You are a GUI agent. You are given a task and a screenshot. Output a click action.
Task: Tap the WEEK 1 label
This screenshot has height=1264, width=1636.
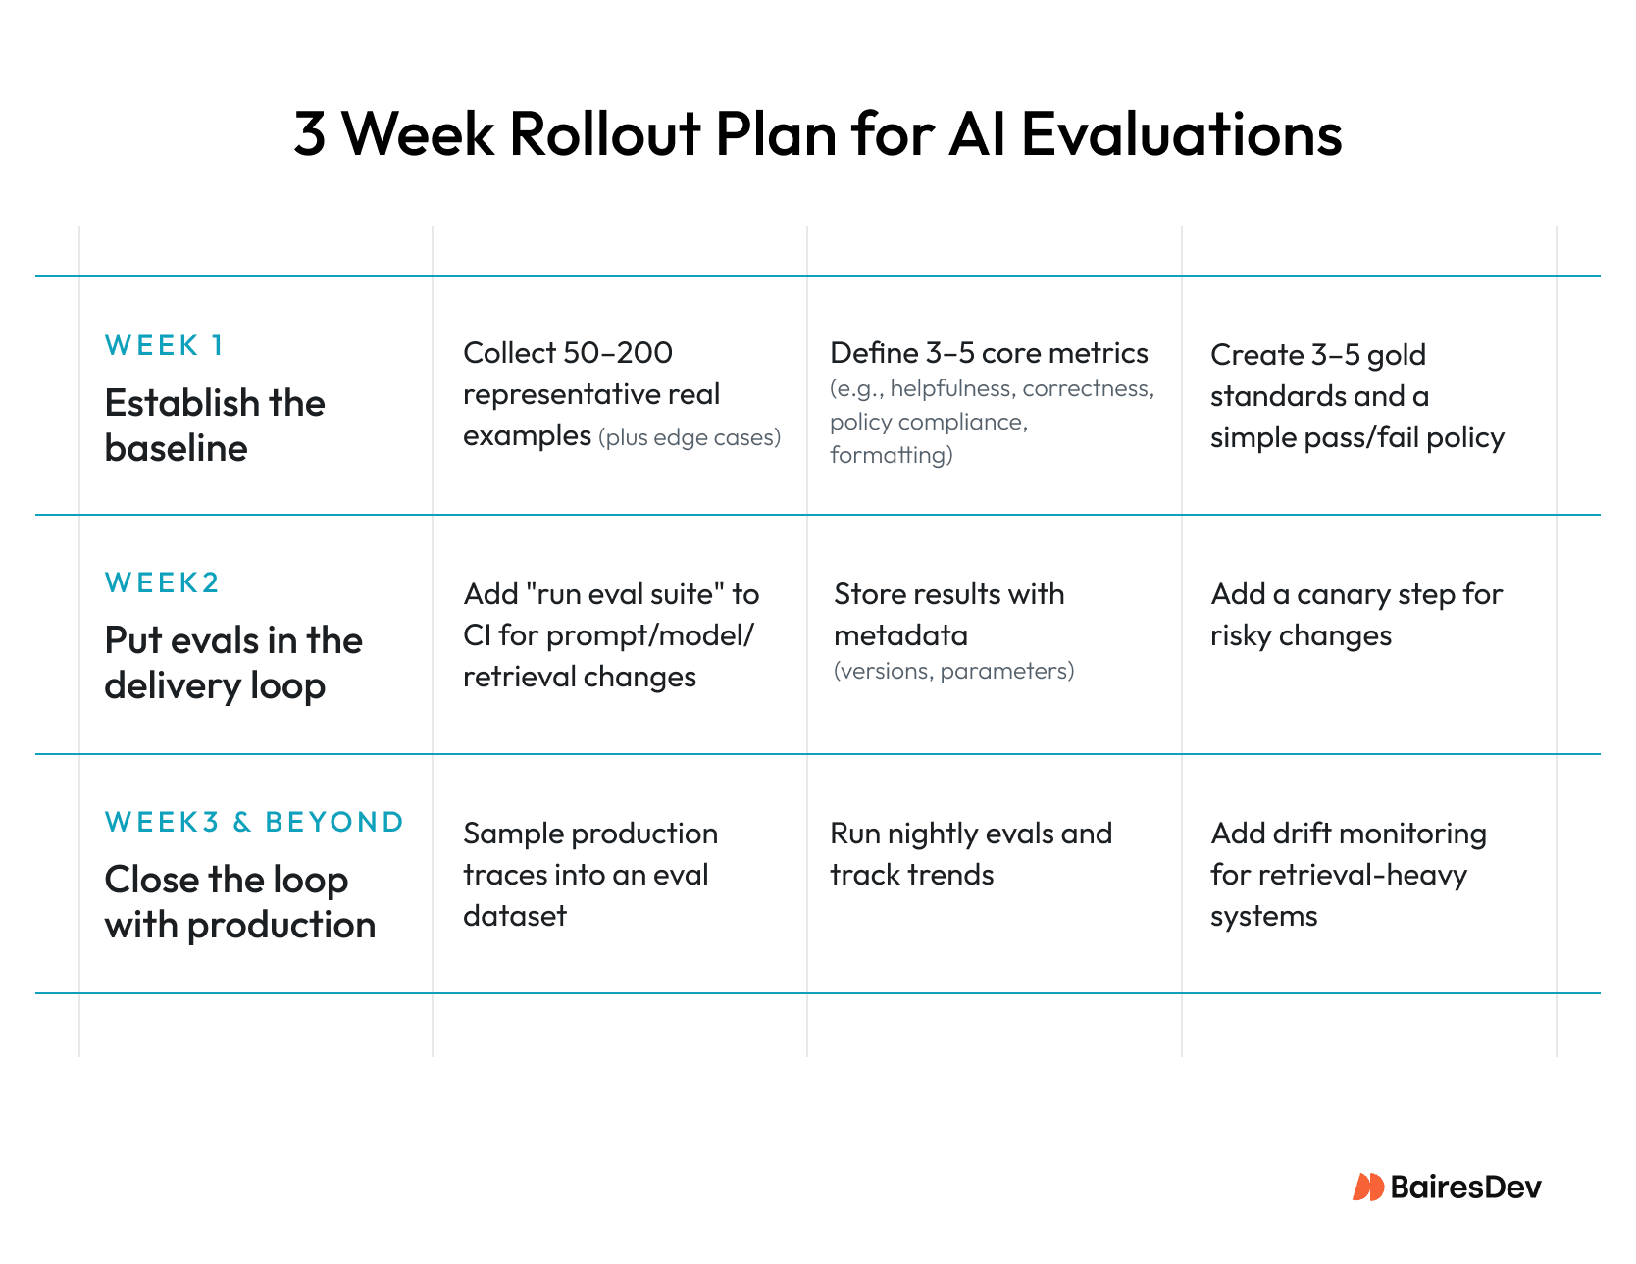pos(165,345)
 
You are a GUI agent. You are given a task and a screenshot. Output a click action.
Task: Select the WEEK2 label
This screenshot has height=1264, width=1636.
pos(162,582)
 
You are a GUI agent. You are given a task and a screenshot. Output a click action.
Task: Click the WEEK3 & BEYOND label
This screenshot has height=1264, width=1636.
pos(254,822)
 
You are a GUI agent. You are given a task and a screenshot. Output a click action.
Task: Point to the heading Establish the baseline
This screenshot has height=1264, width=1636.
pos(214,425)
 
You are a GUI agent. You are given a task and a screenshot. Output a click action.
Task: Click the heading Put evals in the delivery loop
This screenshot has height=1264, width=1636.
pos(233,662)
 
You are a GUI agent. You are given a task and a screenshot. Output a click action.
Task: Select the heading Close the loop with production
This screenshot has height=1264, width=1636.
pos(239,901)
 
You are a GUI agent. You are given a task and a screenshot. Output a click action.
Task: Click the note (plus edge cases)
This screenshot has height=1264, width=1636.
pos(690,437)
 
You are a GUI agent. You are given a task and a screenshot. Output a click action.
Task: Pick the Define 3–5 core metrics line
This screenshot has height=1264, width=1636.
pos(989,353)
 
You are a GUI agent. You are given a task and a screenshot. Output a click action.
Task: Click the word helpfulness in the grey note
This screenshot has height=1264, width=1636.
pos(950,389)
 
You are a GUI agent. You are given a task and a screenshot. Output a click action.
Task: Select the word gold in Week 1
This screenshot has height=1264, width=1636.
pos(1397,355)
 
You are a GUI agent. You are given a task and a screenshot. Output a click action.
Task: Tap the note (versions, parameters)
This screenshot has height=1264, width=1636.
pos(953,671)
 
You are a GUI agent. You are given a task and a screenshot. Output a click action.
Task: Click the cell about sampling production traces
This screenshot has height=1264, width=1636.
pos(589,874)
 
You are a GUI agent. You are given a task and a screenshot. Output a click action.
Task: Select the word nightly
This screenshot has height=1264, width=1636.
pos(932,834)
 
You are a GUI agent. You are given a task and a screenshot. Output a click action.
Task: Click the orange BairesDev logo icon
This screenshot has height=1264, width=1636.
pos(1367,1187)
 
